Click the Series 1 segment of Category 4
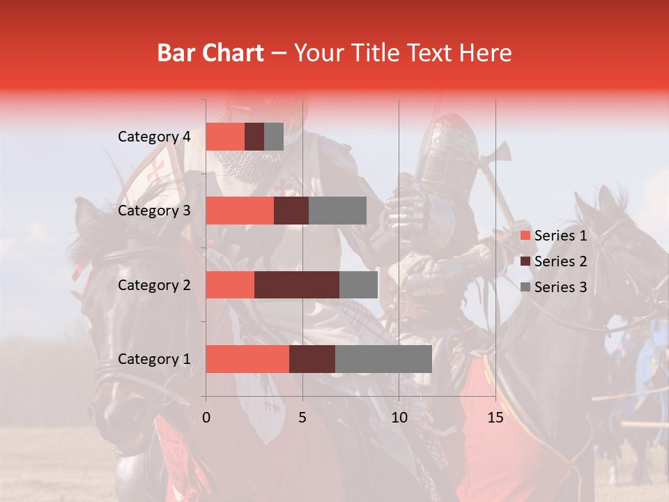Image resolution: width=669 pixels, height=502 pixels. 225,137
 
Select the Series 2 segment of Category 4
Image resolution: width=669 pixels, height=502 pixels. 254,137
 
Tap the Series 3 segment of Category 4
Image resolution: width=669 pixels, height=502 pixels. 274,137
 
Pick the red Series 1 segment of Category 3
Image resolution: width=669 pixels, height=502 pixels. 240,211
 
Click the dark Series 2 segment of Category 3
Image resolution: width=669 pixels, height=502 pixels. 291,211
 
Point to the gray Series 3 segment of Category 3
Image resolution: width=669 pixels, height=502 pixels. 337,211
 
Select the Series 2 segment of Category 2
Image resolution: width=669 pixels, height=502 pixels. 297,284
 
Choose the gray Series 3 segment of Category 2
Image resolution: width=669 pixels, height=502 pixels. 358,284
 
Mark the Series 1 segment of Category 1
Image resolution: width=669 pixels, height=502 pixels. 247,359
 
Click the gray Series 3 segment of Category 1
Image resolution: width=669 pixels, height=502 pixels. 383,359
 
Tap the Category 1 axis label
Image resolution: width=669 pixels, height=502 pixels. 154,359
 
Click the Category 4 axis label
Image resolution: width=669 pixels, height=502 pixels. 154,137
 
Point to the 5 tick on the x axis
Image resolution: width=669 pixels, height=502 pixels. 302,418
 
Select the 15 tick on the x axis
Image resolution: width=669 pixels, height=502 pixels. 495,418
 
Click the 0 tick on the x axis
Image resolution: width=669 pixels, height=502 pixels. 206,418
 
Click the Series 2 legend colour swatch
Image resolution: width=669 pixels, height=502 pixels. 525,262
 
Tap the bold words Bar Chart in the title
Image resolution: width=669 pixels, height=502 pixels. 210,53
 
